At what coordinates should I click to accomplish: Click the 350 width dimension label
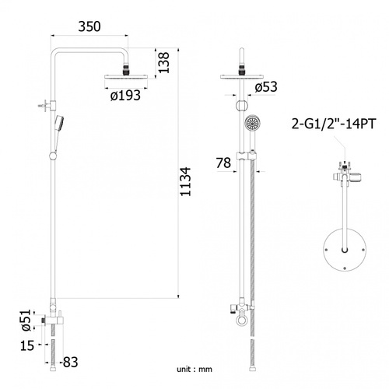tap(89, 26)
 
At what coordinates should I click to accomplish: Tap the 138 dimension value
tap(164, 62)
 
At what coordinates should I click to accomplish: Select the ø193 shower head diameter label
tap(125, 96)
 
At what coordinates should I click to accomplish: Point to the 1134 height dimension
tap(185, 181)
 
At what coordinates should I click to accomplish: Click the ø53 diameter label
tap(266, 87)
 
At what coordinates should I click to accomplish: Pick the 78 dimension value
tap(223, 163)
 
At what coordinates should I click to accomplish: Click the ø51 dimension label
tap(26, 321)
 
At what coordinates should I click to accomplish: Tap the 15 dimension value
tap(27, 345)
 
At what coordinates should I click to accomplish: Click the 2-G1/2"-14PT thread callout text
tap(334, 124)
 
